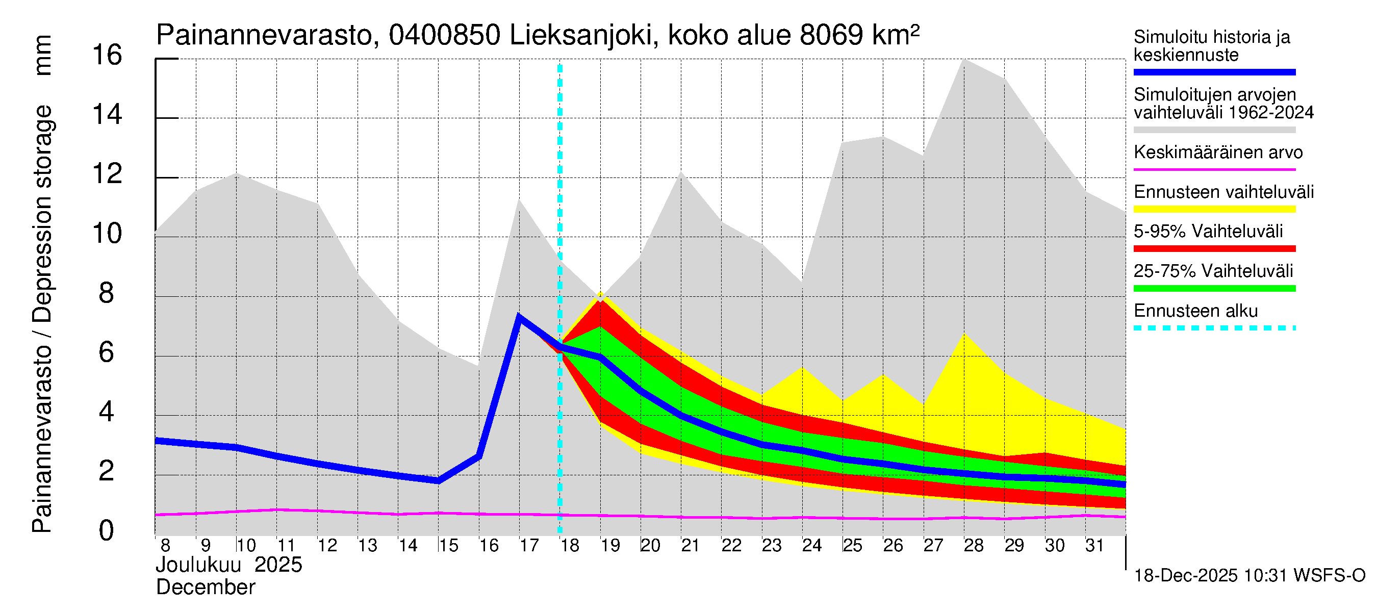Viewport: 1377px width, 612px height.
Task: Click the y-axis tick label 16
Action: pos(107,56)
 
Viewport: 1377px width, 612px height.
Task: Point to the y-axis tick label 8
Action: pos(107,293)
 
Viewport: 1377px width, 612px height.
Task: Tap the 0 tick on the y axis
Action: pos(107,531)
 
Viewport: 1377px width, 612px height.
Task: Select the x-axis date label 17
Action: pos(529,546)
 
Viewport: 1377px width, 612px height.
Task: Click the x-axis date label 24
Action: pos(811,546)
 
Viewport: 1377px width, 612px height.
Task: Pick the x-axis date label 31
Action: pos(1094,546)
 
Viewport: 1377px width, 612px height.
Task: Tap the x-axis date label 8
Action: pos(165,546)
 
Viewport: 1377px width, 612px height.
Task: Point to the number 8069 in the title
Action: pos(831,36)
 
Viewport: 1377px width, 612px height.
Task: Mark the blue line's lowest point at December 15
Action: pos(438,480)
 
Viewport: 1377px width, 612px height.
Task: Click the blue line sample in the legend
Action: pos(1214,72)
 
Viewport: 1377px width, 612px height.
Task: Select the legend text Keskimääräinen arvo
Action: pos(1218,153)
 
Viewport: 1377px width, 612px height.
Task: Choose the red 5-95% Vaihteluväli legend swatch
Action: pos(1214,248)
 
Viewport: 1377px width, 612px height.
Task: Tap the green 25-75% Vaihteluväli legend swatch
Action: pos(1214,289)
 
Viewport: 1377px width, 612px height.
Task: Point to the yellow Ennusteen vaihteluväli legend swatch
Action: pos(1214,210)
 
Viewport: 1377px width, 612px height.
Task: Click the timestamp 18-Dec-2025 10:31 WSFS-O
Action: pos(1249,576)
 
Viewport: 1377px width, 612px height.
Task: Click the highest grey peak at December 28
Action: pos(964,60)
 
